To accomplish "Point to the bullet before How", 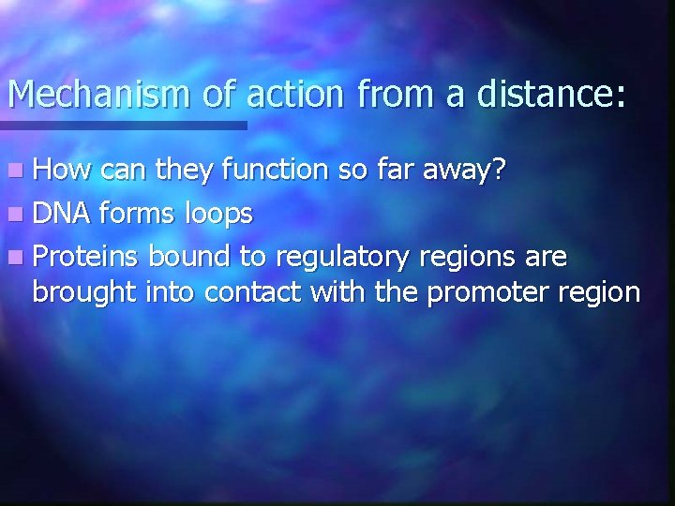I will pos(16,171).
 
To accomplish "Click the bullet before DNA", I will pos(16,215).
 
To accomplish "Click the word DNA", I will pos(61,214).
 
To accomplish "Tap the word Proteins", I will pos(86,256).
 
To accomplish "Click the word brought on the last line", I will pos(85,293).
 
